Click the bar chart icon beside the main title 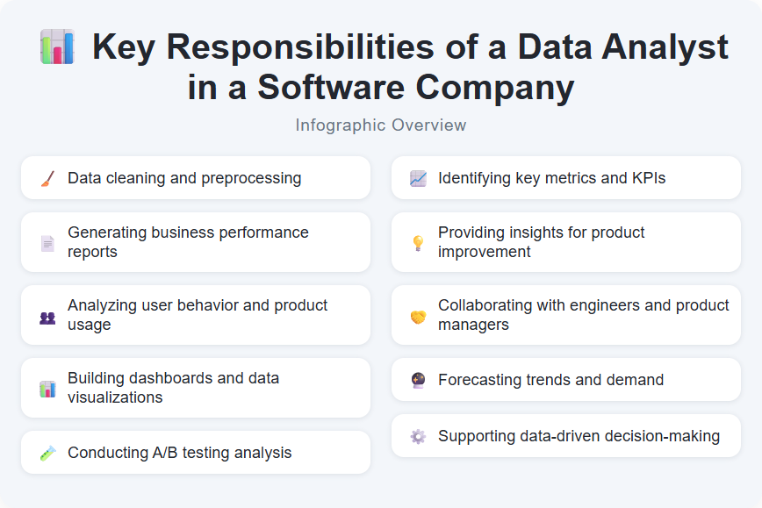[57, 47]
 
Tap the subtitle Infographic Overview [381, 125]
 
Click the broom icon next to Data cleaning [47, 178]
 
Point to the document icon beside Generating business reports [47, 243]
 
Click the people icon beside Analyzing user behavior [47, 316]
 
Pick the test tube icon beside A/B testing [47, 453]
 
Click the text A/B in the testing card [164, 453]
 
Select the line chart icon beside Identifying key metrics [418, 178]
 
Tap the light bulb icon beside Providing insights [418, 243]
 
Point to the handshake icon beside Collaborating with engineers [418, 316]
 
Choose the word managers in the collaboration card [474, 325]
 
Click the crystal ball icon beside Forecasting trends [418, 380]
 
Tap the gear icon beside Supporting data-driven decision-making [418, 436]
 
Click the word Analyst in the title [661, 47]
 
